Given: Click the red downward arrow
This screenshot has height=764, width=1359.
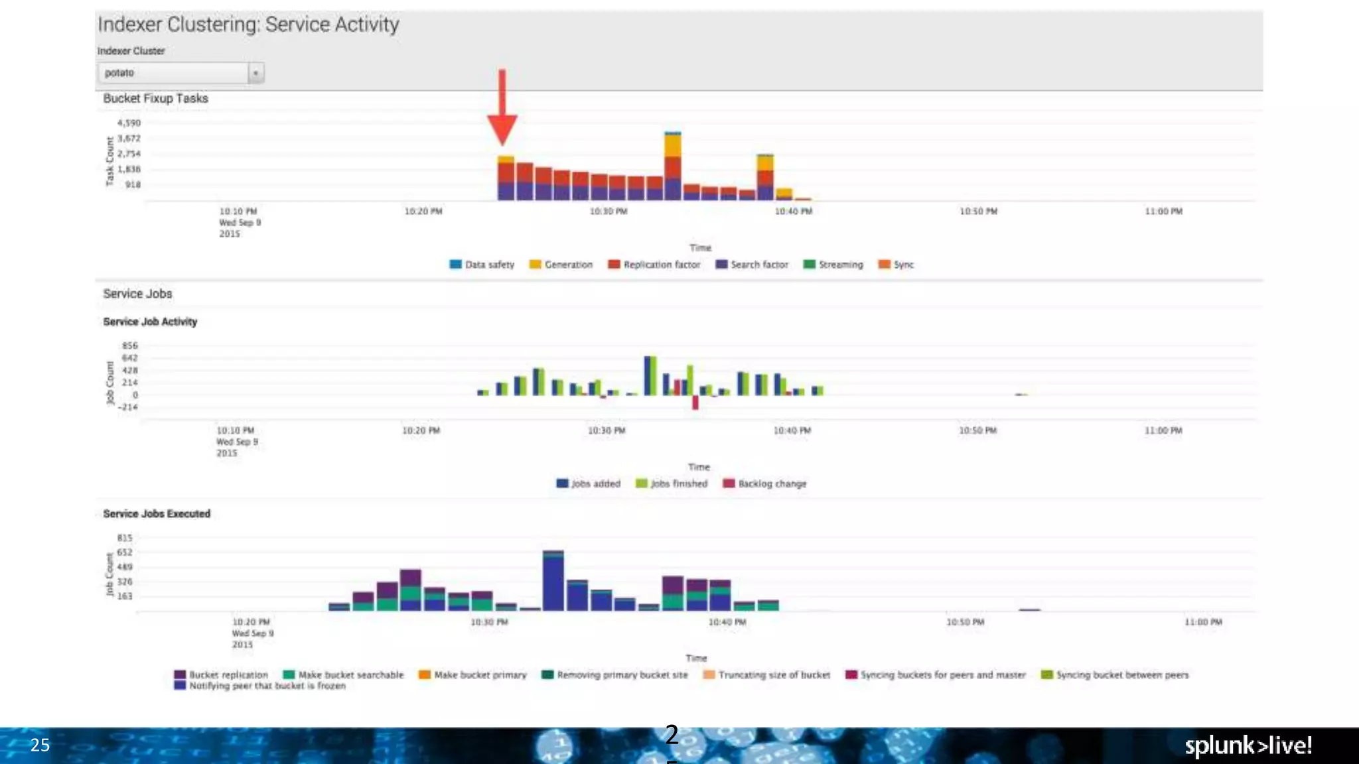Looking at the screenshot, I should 502,109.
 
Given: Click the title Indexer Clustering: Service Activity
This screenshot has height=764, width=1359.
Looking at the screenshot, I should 248,25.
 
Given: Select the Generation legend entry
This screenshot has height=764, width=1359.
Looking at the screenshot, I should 561,265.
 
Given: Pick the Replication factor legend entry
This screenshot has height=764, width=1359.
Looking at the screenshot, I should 654,265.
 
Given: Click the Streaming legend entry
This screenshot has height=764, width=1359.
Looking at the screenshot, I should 833,265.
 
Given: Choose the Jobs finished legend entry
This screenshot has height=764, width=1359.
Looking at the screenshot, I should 672,484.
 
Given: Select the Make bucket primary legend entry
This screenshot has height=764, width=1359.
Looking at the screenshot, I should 472,675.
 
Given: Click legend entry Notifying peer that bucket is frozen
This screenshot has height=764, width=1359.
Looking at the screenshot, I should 260,686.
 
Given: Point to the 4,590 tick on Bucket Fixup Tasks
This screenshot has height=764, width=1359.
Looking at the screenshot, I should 129,123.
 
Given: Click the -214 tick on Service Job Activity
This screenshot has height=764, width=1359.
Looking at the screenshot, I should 128,407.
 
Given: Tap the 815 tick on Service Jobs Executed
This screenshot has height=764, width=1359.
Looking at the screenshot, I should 125,538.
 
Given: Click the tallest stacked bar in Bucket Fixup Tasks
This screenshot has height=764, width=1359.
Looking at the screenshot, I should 673,167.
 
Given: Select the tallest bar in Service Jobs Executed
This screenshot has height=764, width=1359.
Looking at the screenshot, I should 553,581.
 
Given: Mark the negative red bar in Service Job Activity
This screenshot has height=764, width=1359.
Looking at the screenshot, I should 695,403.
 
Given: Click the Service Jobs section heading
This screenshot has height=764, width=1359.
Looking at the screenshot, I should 137,294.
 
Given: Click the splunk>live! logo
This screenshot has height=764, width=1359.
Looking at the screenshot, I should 1248,745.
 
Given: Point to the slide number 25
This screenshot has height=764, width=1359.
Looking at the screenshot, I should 40,745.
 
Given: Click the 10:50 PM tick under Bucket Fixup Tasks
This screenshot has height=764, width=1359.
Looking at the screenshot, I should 978,212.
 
